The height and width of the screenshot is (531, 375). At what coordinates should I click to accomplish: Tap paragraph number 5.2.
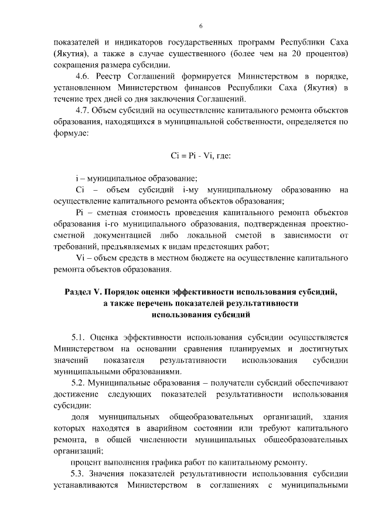(x=79, y=382)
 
